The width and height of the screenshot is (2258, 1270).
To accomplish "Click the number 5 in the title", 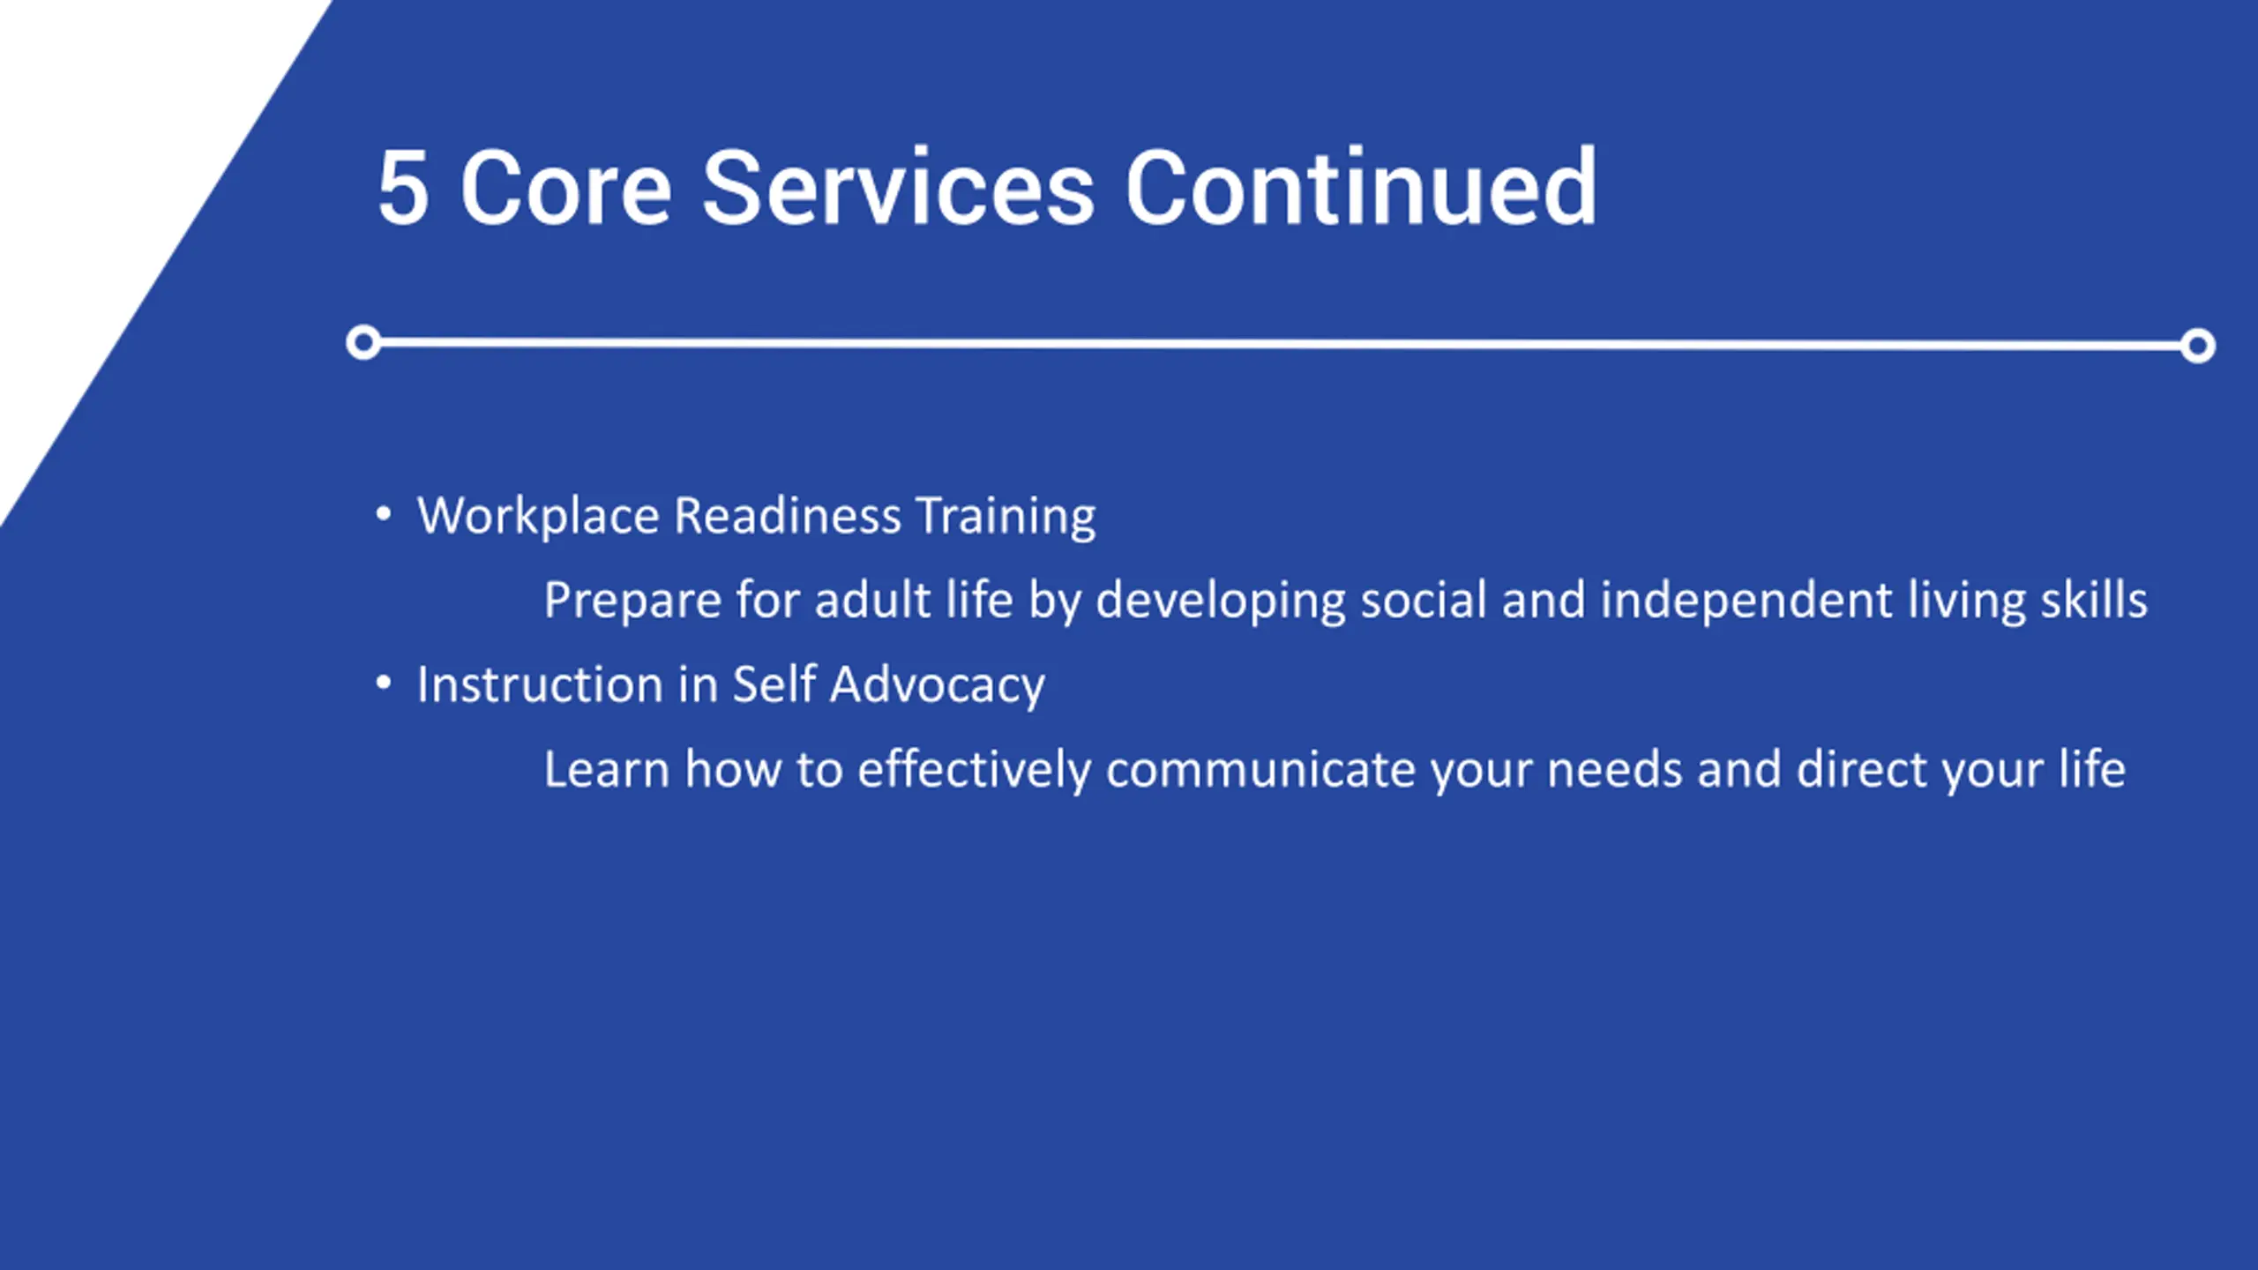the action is coord(404,188).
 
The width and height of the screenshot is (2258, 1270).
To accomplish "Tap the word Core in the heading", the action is coord(566,188).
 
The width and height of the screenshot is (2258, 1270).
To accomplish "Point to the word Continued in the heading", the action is coord(1360,186).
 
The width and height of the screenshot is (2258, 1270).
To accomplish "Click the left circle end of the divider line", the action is coord(363,342).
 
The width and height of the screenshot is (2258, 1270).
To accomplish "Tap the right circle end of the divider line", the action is coord(2197,345).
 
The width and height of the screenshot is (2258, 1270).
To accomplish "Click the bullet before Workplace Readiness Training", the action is coord(383,512).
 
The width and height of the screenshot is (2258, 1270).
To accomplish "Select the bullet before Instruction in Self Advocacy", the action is coord(383,682).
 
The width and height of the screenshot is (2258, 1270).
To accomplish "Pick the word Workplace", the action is coord(538,517).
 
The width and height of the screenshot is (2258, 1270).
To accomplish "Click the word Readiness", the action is coord(787,515).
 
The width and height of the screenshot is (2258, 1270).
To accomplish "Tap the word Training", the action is coord(1006,517).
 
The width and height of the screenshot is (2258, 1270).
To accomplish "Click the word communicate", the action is coord(1260,770).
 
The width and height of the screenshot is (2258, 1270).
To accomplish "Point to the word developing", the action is coord(1221,601).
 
